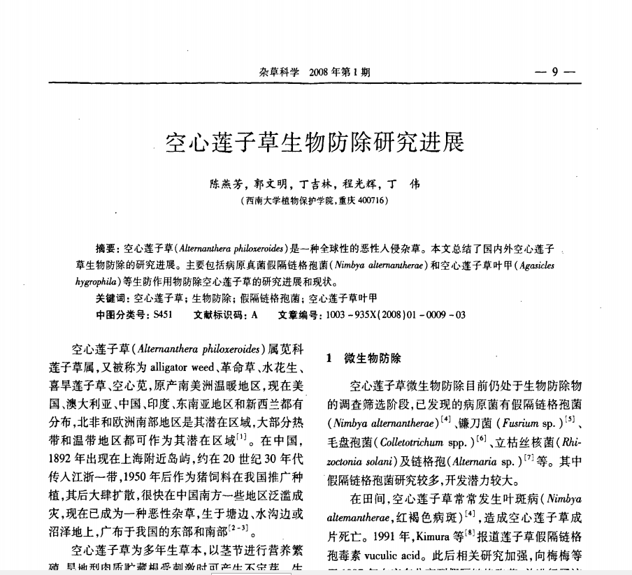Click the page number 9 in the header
tap(554, 72)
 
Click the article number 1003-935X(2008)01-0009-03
tap(396, 314)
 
